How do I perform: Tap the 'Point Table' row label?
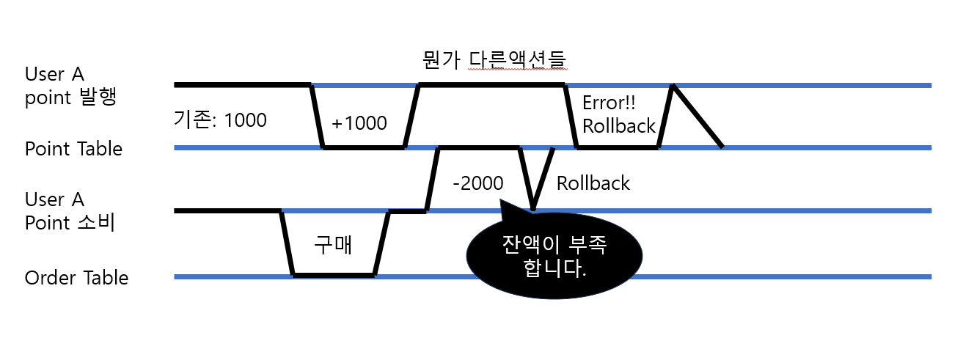(73, 149)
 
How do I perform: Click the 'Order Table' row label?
(76, 279)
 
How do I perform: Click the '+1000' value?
(359, 123)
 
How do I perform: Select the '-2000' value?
(478, 183)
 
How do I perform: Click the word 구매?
(333, 245)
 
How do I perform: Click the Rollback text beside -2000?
(593, 183)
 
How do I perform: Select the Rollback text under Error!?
(619, 126)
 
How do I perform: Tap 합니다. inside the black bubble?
(555, 268)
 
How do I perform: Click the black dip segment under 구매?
(334, 275)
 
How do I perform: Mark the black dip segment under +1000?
(364, 147)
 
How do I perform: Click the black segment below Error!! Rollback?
(618, 147)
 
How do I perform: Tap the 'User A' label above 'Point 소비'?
(54, 199)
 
